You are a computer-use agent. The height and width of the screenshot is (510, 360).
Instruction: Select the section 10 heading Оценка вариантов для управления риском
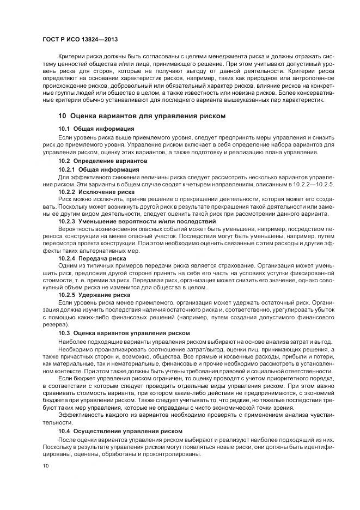click(x=141, y=116)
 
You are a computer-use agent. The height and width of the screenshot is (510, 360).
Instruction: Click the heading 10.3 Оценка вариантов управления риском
click(x=124, y=332)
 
